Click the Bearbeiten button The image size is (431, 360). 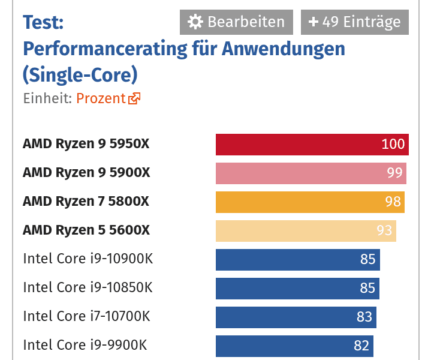(x=236, y=22)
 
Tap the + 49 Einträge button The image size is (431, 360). (x=354, y=22)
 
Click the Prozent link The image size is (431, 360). (x=101, y=98)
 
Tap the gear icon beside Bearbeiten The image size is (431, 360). (x=195, y=22)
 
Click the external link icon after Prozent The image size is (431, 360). (x=134, y=98)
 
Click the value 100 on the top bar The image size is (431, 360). (x=393, y=144)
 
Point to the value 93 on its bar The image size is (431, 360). (x=384, y=230)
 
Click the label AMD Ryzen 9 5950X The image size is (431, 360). (x=86, y=144)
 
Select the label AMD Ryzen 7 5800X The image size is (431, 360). (x=86, y=202)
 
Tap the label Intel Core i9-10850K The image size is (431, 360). (x=88, y=287)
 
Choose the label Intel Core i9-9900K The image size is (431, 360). (x=85, y=345)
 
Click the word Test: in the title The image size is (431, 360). (x=43, y=23)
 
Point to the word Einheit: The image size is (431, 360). (x=47, y=98)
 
